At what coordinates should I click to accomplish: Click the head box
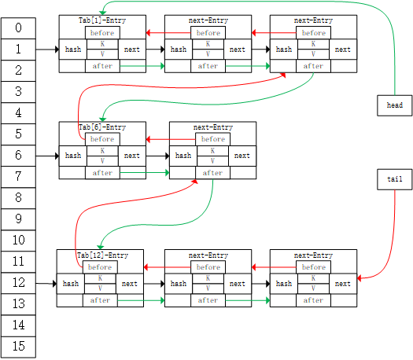click(x=394, y=105)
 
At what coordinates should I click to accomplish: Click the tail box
click(x=394, y=179)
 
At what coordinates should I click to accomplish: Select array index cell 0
click(x=18, y=28)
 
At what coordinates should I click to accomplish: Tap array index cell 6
click(x=18, y=156)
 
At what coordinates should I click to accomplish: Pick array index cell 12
click(x=18, y=283)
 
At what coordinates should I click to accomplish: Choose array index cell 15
click(x=18, y=347)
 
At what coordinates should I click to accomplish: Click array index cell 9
click(x=18, y=219)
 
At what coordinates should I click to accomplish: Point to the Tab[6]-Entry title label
click(x=102, y=127)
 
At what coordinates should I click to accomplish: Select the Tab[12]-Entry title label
click(x=102, y=255)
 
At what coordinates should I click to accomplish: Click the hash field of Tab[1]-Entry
click(x=73, y=50)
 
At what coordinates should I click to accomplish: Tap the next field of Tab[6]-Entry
click(x=132, y=156)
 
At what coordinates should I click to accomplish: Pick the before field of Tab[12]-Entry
click(x=99, y=267)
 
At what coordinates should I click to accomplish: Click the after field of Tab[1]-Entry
click(x=103, y=66)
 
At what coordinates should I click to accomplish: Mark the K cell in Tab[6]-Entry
click(x=103, y=150)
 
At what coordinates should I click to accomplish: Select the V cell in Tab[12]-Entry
click(x=99, y=288)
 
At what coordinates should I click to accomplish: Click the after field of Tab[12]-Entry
click(x=99, y=300)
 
